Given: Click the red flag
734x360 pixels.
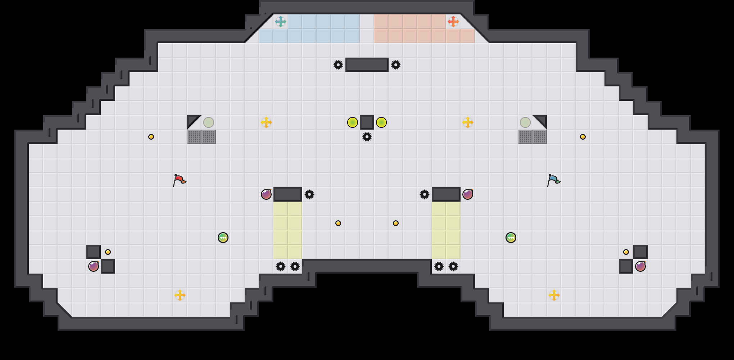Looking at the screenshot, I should (x=179, y=180).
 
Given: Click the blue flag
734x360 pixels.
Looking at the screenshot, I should (x=553, y=180).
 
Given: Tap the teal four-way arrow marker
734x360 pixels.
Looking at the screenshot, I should (x=281, y=22).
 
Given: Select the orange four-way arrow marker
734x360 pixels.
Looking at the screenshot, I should (x=453, y=22).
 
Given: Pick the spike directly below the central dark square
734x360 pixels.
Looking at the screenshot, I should (x=367, y=137).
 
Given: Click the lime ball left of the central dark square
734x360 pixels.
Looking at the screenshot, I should (x=353, y=122).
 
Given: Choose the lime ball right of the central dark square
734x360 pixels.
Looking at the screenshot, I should (x=381, y=122).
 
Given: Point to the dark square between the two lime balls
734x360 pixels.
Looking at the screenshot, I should (x=367, y=122).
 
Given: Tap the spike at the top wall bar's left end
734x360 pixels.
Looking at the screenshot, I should (x=338, y=65).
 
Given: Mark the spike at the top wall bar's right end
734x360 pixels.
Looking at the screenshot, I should (x=396, y=65).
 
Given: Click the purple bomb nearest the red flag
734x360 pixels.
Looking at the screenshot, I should (x=266, y=194).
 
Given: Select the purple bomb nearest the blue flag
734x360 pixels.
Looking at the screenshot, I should (x=468, y=194).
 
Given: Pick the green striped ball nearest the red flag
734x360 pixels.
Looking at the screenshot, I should (x=223, y=238).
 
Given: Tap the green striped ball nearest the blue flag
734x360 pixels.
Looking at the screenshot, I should (x=511, y=238).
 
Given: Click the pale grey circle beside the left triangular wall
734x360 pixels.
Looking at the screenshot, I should (x=209, y=122).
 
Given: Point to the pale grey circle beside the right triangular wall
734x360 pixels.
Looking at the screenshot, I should (x=525, y=122).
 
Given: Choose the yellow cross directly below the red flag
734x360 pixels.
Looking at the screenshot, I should (x=180, y=295).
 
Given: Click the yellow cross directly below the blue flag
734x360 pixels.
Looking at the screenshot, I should (x=554, y=295).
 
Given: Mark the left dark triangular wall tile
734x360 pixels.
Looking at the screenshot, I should (x=192, y=120).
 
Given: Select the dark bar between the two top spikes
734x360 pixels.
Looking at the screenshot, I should (x=367, y=65).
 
